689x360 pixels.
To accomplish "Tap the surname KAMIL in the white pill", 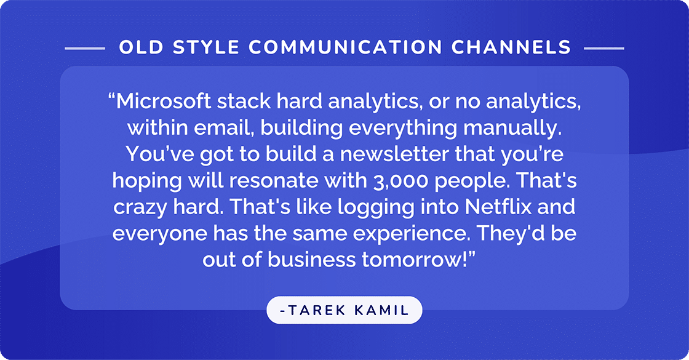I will click(x=384, y=310).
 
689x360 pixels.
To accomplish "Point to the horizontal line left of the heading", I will click(x=85, y=47).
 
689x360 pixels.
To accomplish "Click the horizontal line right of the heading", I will click(x=603, y=47).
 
